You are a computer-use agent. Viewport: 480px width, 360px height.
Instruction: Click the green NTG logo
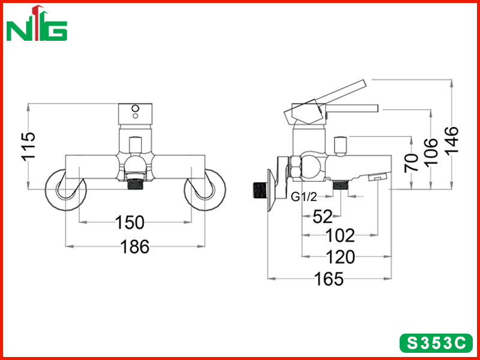point(37,23)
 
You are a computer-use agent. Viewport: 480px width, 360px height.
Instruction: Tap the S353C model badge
point(436,343)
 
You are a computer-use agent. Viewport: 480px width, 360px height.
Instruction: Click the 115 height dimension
point(28,146)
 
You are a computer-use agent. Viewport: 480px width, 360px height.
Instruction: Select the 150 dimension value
point(130,223)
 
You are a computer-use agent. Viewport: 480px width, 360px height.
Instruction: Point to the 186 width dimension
point(135,247)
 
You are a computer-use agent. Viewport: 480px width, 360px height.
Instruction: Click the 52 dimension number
point(323,217)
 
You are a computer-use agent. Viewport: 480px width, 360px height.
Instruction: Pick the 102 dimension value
point(340,235)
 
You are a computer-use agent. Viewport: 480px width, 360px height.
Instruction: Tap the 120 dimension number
point(340,257)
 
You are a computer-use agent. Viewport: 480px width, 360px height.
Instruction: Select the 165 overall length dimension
point(329,279)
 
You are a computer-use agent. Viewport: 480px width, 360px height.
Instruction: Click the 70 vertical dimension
point(411,163)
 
